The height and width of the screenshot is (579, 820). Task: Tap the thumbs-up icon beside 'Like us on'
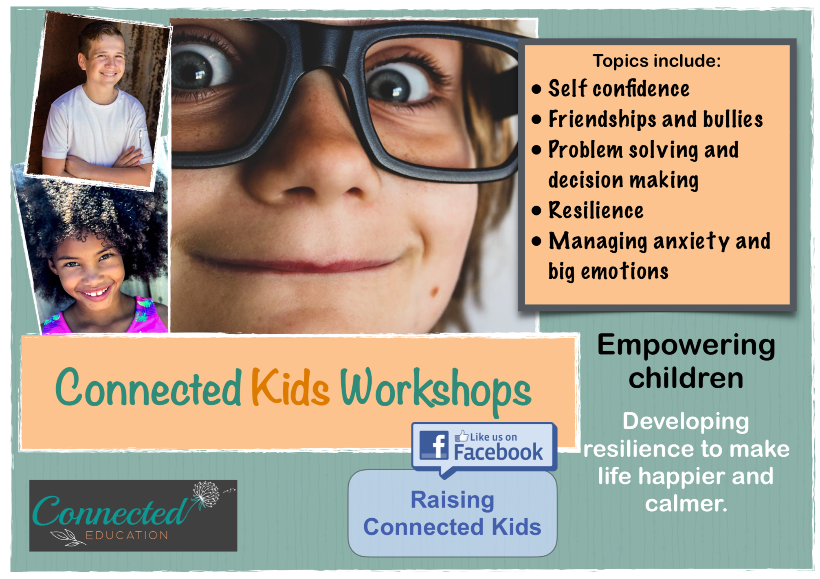tap(462, 436)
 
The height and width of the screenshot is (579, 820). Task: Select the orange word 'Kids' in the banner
tap(290, 388)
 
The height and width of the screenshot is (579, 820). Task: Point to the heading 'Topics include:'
tap(656, 61)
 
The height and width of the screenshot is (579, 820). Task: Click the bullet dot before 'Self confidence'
tap(536, 89)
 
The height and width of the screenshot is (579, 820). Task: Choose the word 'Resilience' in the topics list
tap(596, 211)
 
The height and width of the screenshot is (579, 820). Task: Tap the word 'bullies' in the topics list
tap(733, 119)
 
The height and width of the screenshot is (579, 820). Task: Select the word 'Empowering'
tap(686, 346)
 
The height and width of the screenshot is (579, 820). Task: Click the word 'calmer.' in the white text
tap(686, 504)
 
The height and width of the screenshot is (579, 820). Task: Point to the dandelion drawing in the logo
tap(206, 494)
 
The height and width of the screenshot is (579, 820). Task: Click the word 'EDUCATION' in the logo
tap(127, 535)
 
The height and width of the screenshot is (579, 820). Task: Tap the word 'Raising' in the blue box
tap(452, 500)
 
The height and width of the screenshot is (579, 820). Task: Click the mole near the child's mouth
tap(435, 291)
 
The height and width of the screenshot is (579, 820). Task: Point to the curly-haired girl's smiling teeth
tap(95, 293)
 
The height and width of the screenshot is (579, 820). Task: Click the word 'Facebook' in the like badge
tap(498, 452)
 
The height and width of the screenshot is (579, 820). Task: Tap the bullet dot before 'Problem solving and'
tap(536, 150)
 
